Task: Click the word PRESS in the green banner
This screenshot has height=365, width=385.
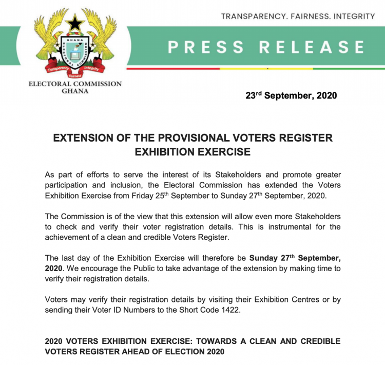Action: pyautogui.click(x=205, y=47)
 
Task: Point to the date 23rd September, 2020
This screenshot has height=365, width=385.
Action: pyautogui.click(x=291, y=95)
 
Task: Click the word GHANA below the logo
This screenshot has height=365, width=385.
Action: pyautogui.click(x=75, y=91)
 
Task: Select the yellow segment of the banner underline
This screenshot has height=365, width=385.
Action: pyautogui.click(x=266, y=68)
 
